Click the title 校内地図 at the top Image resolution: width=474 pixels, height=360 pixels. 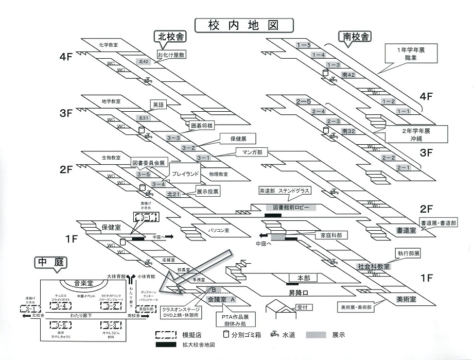243,25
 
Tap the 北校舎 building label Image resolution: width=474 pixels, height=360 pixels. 170,36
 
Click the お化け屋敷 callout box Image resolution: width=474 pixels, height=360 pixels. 171,54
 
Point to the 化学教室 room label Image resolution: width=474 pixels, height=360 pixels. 109,45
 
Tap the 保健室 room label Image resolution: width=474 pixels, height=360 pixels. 111,227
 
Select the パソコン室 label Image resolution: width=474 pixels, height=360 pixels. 219,230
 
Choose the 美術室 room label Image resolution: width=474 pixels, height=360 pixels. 406,299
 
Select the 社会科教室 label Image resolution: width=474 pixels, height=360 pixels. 374,266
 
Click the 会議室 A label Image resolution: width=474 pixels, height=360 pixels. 221,299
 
